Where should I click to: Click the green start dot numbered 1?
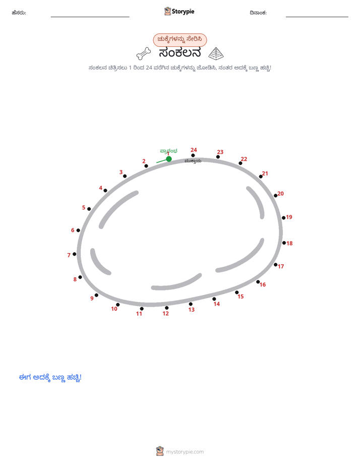click(x=169, y=159)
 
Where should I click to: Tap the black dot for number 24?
click(x=193, y=155)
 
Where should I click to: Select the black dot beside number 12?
click(x=166, y=308)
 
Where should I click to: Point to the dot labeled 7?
click(x=75, y=254)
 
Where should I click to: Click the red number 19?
click(x=289, y=217)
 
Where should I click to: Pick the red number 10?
click(x=114, y=309)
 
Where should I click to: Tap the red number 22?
click(x=244, y=159)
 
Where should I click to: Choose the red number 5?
click(x=84, y=207)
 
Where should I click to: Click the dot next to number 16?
click(x=258, y=282)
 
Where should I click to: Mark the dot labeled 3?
click(x=125, y=176)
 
